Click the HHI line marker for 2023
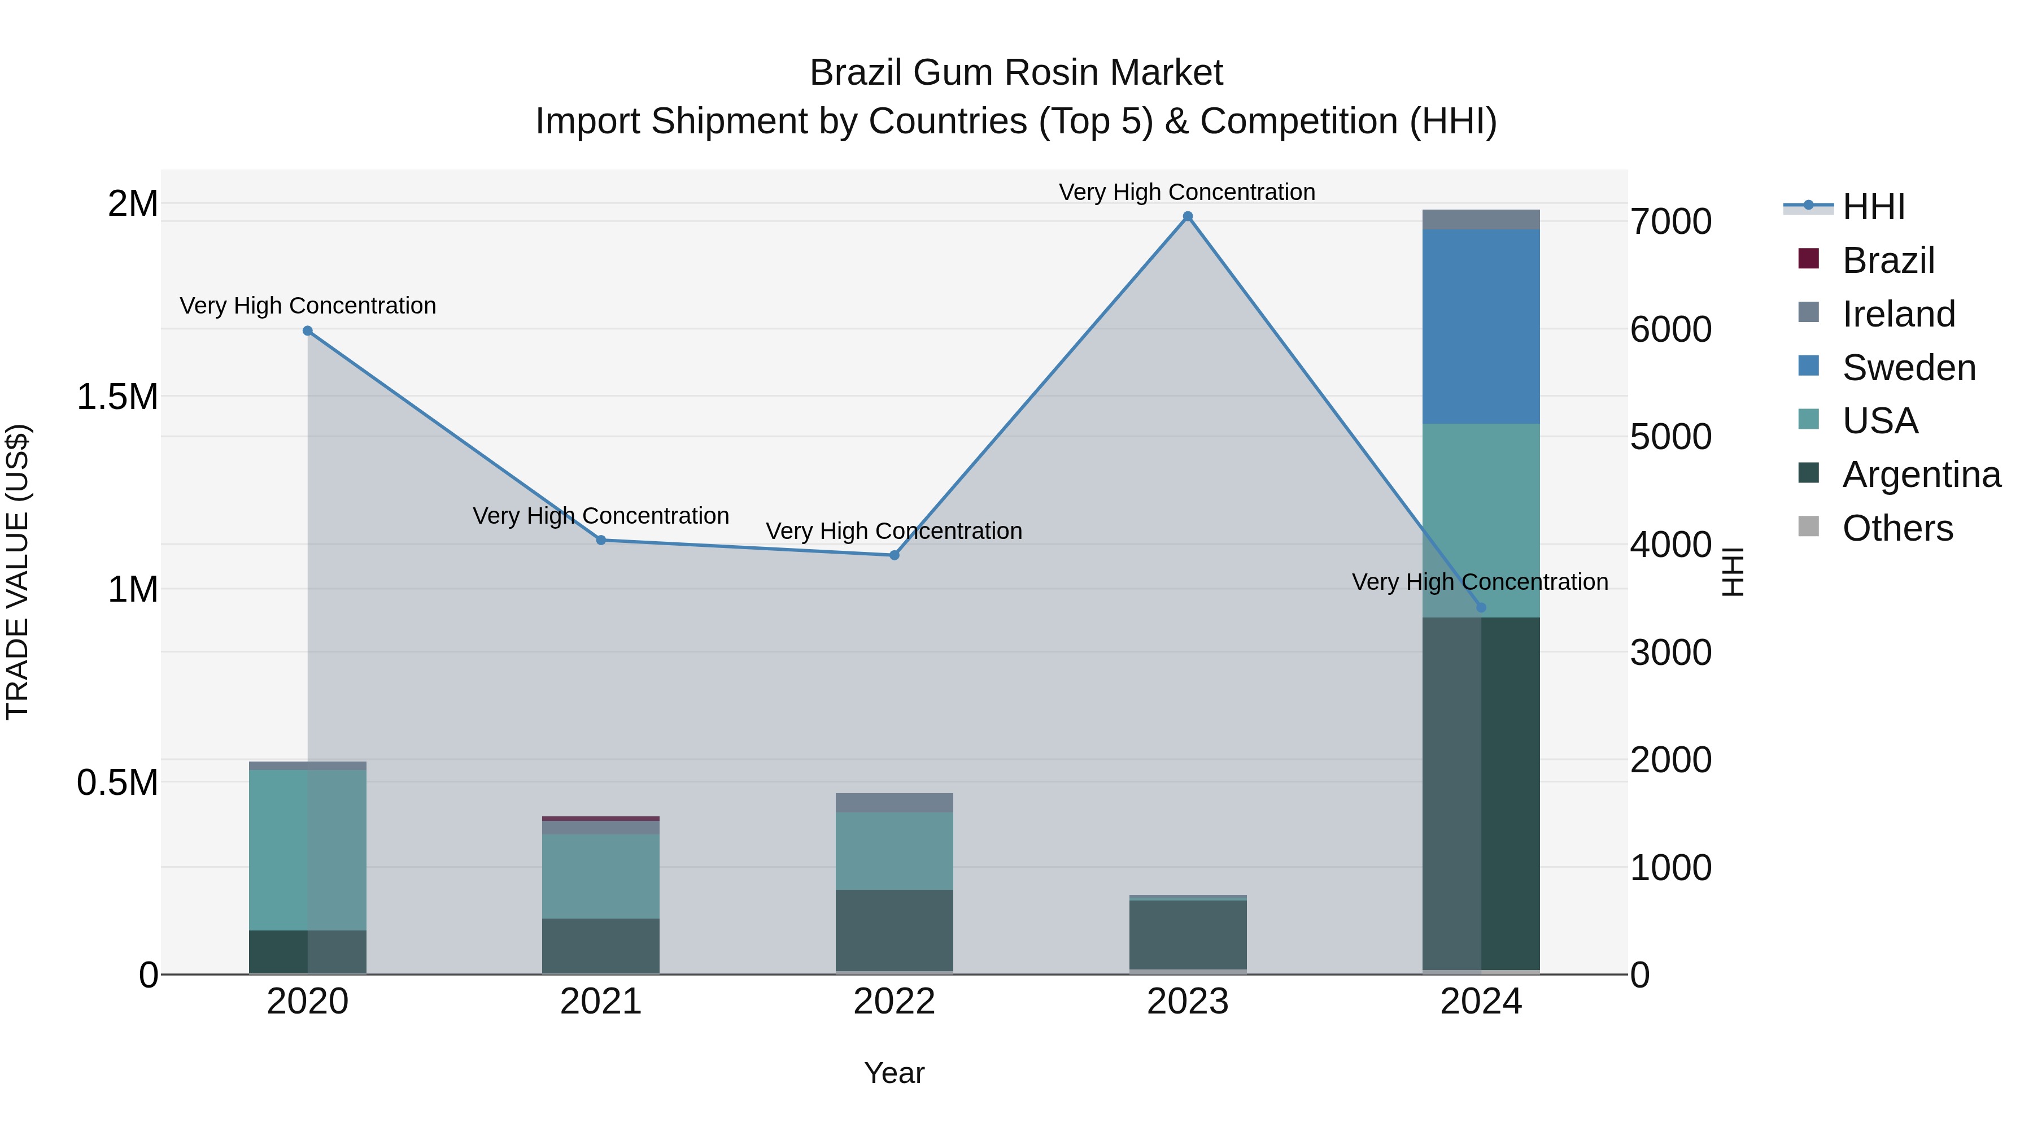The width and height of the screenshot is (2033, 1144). click(1187, 216)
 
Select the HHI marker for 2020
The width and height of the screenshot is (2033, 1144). click(308, 331)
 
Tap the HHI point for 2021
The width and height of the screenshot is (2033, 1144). click(601, 540)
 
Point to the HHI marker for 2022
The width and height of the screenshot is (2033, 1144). click(894, 555)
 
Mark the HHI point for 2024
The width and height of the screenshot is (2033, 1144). click(1481, 607)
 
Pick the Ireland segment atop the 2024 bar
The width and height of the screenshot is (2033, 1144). click(1481, 220)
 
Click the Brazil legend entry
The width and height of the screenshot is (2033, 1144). click(1888, 260)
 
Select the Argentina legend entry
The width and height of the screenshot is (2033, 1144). click(1921, 475)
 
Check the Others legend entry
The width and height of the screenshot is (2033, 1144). click(1897, 528)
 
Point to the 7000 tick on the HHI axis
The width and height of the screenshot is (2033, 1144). click(1671, 222)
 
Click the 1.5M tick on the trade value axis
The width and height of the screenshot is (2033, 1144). click(117, 397)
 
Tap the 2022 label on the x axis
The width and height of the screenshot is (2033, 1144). click(894, 1002)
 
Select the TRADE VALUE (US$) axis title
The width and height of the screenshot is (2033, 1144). click(18, 572)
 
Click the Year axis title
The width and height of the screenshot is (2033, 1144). click(894, 1073)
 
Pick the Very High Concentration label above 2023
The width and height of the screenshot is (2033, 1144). click(1187, 192)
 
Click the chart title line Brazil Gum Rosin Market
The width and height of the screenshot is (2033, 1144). click(1016, 73)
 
